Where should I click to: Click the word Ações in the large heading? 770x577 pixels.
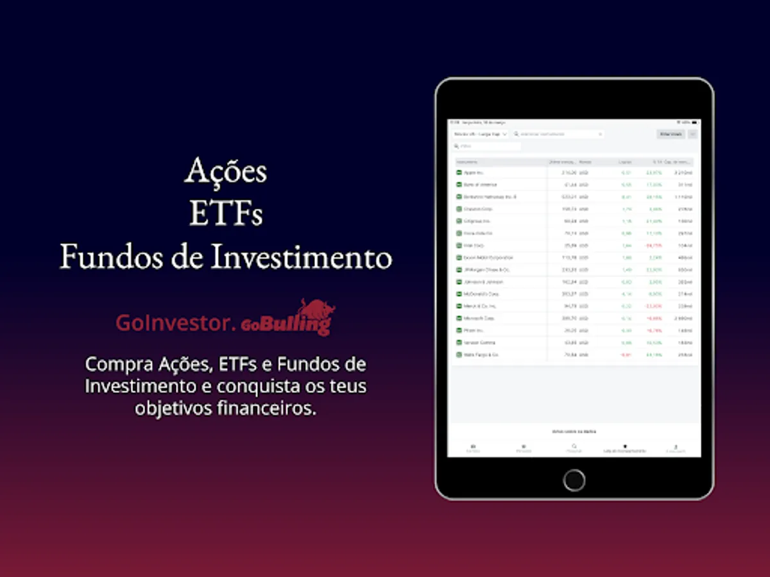pyautogui.click(x=225, y=171)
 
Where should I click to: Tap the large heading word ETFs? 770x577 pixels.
pyautogui.click(x=225, y=214)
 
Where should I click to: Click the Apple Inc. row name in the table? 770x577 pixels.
pyautogui.click(x=474, y=173)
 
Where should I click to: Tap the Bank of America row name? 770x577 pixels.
pyautogui.click(x=479, y=185)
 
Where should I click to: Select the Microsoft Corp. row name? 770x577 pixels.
pyautogui.click(x=479, y=318)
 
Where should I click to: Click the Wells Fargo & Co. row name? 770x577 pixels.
pyautogui.click(x=481, y=355)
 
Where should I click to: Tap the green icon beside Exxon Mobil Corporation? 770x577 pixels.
pyautogui.click(x=459, y=258)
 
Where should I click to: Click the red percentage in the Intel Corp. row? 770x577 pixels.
pyautogui.click(x=654, y=246)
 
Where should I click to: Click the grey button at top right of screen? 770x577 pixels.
pyautogui.click(x=671, y=135)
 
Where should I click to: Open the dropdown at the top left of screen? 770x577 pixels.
pyautogui.click(x=480, y=135)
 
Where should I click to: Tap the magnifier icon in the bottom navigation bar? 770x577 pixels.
pyautogui.click(x=574, y=446)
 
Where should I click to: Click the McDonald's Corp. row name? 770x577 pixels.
pyautogui.click(x=481, y=294)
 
